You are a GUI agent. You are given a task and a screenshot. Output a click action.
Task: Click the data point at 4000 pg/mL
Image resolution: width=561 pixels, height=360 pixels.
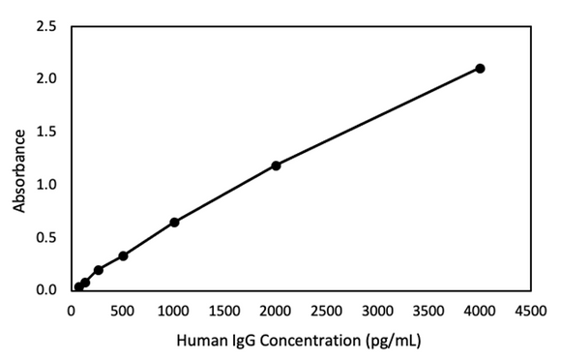click(x=480, y=68)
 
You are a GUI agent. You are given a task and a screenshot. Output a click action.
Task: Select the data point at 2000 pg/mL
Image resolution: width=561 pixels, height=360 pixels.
click(x=276, y=165)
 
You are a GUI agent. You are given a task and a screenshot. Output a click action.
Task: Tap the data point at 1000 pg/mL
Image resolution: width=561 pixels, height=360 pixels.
click(x=174, y=222)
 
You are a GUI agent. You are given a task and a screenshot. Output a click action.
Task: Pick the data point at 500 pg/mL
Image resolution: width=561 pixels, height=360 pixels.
click(x=123, y=255)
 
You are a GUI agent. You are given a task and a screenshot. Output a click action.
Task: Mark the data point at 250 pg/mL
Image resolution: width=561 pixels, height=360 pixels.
click(x=98, y=270)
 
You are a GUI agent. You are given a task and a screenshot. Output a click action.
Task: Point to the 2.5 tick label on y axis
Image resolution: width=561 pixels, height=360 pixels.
click(x=46, y=26)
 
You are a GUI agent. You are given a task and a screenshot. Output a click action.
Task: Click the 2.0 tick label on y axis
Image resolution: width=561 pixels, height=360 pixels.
click(x=46, y=78)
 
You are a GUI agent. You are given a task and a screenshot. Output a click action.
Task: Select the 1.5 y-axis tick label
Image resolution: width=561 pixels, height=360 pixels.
click(x=46, y=132)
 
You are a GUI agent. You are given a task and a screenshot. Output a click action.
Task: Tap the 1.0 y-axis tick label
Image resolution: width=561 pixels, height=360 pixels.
click(x=46, y=185)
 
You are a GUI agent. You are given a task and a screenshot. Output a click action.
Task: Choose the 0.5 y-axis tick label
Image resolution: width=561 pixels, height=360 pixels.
click(x=46, y=237)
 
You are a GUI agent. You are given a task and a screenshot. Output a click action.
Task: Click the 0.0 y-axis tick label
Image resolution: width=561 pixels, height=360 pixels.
click(x=46, y=290)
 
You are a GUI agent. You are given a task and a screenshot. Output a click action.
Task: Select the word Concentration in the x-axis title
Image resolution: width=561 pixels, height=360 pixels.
click(x=305, y=341)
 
